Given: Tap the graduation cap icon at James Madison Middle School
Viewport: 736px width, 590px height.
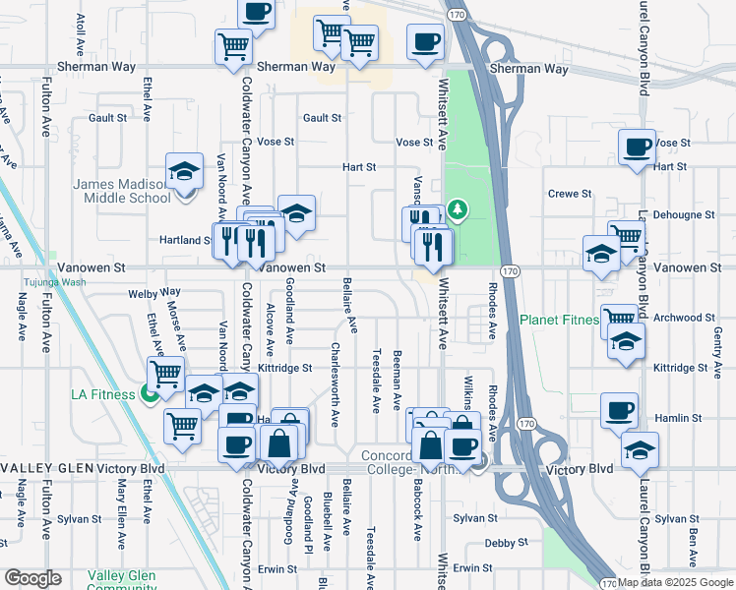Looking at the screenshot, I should (184, 172).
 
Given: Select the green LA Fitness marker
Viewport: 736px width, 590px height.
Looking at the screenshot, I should (150, 394).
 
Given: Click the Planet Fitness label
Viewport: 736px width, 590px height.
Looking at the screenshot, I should (559, 320).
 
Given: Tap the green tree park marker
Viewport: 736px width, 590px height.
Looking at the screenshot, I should (457, 209).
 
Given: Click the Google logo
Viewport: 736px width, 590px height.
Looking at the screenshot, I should (32, 578).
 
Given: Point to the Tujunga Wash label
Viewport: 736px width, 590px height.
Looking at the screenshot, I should (57, 282).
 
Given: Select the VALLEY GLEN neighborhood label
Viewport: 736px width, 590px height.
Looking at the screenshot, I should (48, 469).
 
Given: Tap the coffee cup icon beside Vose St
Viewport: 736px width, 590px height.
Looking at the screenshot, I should (637, 147).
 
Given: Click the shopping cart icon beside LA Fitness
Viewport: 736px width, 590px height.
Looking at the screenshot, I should (165, 373).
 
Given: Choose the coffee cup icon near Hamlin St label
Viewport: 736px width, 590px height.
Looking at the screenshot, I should (619, 410).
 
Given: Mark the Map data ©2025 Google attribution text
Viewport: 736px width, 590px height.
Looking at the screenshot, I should (676, 582).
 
